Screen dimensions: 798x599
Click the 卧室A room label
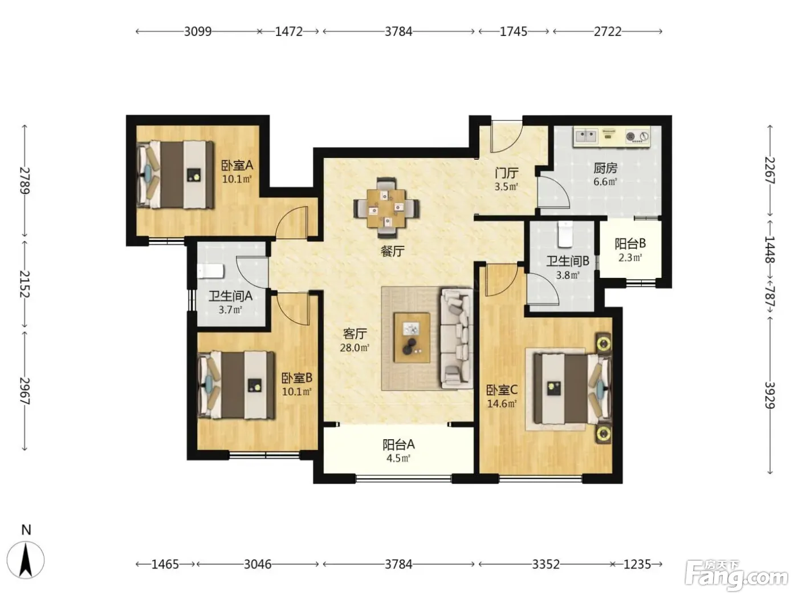point(237,165)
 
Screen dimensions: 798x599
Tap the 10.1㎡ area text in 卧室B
point(296,392)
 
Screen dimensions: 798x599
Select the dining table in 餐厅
point(386,208)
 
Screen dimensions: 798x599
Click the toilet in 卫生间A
point(211,272)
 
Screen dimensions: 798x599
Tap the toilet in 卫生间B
point(565,234)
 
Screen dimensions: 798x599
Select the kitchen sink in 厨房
point(586,136)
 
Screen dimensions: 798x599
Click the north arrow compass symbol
point(26,560)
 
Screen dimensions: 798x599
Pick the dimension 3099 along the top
point(197,31)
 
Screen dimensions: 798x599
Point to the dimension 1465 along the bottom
point(165,564)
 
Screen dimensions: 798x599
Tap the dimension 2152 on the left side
point(25,284)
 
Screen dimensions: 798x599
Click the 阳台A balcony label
point(398,444)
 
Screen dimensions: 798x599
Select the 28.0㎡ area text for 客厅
point(355,347)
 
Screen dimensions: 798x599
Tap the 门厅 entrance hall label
point(506,173)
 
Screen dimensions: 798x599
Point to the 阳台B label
point(630,244)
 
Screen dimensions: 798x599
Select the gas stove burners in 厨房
point(637,137)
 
